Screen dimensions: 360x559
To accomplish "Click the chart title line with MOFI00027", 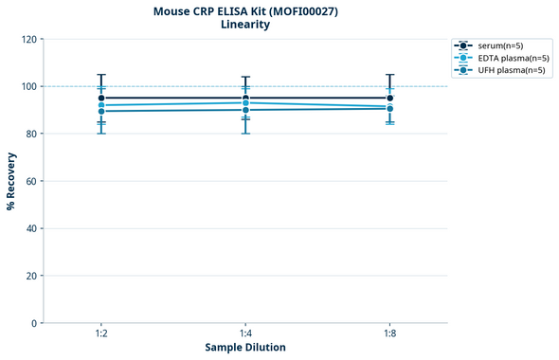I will [x=244, y=11].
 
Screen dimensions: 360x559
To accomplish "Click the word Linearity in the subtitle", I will [x=244, y=25].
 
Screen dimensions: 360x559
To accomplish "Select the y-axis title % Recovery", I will [x=11, y=181].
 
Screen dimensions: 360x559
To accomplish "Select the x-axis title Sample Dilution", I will [x=245, y=348].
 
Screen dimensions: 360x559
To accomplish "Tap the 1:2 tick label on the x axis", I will [x=101, y=333].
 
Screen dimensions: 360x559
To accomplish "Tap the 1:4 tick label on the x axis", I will [x=245, y=333].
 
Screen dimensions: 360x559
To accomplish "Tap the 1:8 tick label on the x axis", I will [x=389, y=333].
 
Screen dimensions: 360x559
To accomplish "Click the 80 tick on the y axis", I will [x=31, y=134].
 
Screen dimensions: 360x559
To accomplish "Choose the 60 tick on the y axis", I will [x=31, y=181].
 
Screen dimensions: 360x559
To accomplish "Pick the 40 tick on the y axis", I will [x=31, y=228].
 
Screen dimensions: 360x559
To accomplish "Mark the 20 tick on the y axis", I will [x=31, y=276].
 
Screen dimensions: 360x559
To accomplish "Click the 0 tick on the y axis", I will [x=34, y=323].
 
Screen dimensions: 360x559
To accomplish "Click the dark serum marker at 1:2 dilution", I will [x=101, y=98].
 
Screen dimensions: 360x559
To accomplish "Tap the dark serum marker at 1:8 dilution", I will [x=389, y=98].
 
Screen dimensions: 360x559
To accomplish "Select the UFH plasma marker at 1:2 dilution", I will [x=101, y=111].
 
